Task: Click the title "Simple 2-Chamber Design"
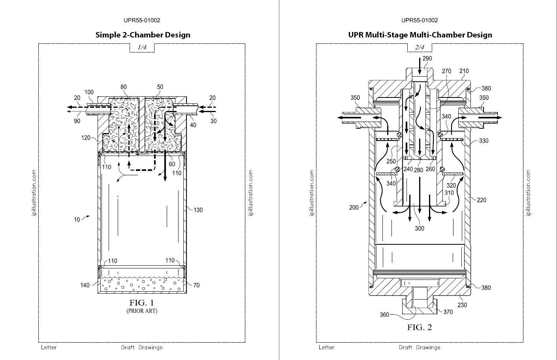click(143, 35)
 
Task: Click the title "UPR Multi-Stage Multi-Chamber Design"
click(420, 35)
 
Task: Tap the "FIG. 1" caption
click(142, 303)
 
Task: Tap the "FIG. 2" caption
click(420, 327)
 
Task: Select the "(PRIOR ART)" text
click(142, 311)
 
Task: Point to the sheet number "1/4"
click(142, 47)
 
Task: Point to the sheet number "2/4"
click(420, 47)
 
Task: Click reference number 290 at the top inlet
click(427, 58)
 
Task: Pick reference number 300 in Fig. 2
click(420, 228)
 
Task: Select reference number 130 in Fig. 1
click(198, 210)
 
